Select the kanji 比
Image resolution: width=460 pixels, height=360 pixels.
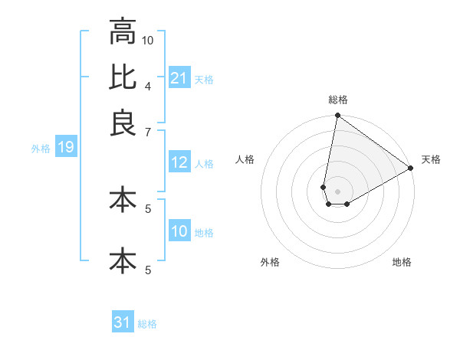coord(122,77)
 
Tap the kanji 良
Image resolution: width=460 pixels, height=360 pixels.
coord(122,123)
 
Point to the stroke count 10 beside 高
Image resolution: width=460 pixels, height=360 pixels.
coord(148,39)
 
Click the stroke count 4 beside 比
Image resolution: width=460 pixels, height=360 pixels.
coord(148,85)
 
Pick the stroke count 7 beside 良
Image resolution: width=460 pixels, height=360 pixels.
coord(148,131)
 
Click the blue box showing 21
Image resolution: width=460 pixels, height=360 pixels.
coord(179,77)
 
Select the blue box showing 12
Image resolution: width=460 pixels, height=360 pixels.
coord(179,162)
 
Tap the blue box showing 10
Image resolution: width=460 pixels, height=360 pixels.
coord(179,231)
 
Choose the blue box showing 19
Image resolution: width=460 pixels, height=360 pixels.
coord(65,147)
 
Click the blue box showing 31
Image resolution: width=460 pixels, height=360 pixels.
coord(123,322)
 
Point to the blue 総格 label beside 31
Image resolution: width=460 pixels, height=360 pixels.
coord(147,324)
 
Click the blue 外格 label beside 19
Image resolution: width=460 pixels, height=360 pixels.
coord(40,149)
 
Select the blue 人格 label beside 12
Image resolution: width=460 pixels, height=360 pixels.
coord(204,163)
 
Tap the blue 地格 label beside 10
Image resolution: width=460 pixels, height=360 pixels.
coord(204,232)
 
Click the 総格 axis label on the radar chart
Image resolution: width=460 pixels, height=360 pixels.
coord(338,100)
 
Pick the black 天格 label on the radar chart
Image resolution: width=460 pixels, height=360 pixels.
coord(431,159)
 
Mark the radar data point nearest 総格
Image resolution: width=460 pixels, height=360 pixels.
coord(337,116)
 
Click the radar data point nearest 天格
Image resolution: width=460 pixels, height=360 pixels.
coord(411,169)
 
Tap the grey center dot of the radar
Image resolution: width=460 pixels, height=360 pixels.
coord(338,191)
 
